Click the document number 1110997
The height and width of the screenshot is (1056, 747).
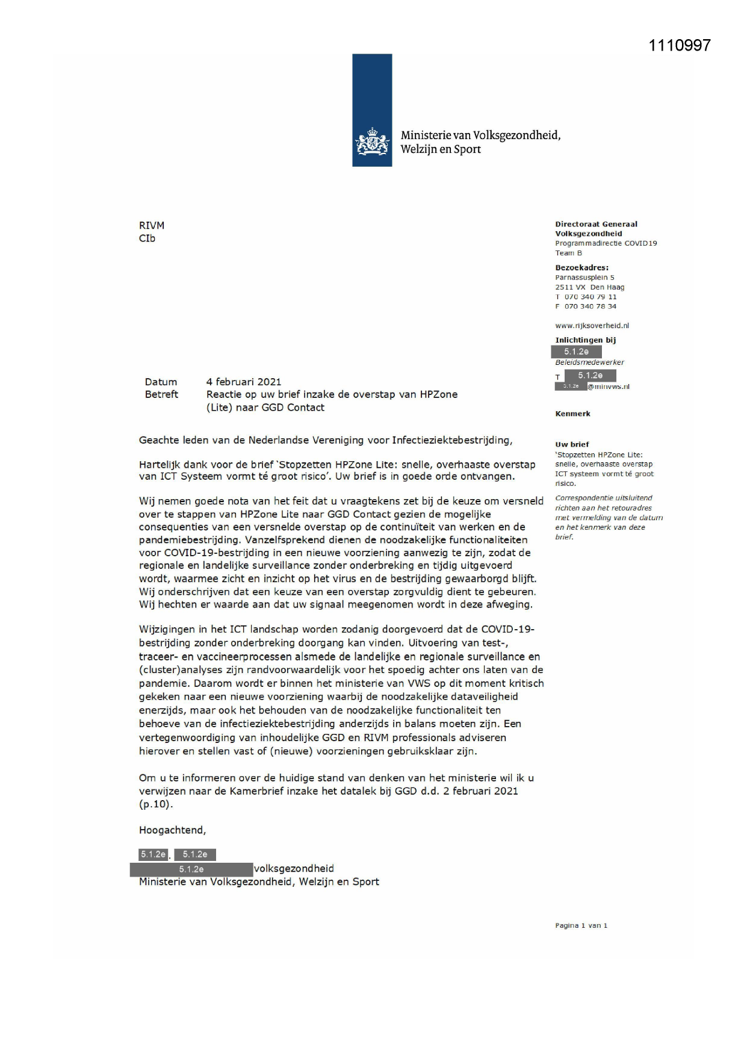pos(680,45)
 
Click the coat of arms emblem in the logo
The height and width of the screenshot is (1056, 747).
pos(372,142)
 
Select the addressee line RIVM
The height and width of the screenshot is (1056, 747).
pos(152,225)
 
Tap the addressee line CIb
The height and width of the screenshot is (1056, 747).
pos(147,238)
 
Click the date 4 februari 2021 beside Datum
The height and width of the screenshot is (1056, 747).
pos(244,382)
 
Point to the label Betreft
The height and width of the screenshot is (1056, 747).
pos(161,394)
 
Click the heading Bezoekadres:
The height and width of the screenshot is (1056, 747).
pos(581,267)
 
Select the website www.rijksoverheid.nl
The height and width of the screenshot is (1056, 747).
pos(592,326)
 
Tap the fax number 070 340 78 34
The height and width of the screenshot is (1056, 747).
pos(590,306)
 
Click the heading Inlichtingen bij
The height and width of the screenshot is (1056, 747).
pos(585,340)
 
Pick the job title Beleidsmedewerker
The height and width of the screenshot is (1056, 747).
pos(589,362)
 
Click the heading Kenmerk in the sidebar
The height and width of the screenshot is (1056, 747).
pos(572,414)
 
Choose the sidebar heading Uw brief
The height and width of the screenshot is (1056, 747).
pos(572,444)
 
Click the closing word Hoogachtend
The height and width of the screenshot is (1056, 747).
pos(172,830)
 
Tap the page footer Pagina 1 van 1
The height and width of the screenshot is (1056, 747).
pos(581,925)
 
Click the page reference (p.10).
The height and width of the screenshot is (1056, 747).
pos(156,804)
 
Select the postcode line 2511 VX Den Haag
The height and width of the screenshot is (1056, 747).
pos(589,287)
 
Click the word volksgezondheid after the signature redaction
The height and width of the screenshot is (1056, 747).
pos(294,869)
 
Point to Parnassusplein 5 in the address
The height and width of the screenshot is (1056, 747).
pos(584,278)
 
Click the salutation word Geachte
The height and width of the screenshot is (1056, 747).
pos(158,440)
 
